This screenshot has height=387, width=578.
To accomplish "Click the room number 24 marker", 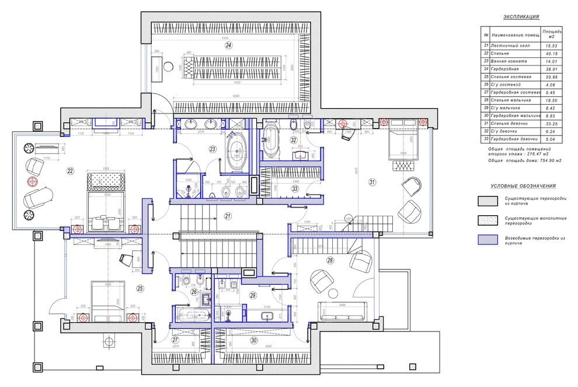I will click(229, 45).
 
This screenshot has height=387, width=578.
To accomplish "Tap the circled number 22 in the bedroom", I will click(71, 171).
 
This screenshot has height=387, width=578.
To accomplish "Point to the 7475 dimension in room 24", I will click(225, 38).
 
